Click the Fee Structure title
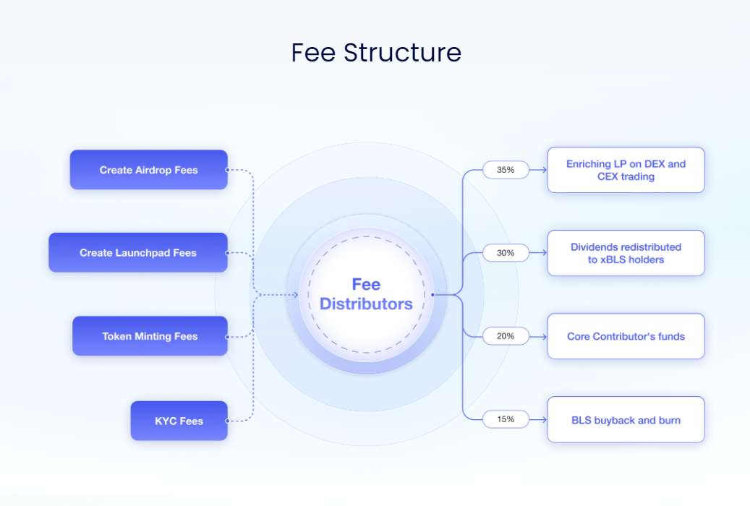click(x=376, y=53)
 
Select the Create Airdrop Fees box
click(x=149, y=170)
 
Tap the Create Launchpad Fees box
click(x=138, y=253)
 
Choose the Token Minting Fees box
click(x=150, y=336)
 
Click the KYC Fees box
click(x=179, y=421)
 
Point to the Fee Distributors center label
click(x=366, y=294)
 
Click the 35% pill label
click(x=506, y=170)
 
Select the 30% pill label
click(x=506, y=253)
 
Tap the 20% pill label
click(x=506, y=336)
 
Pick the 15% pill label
click(x=506, y=419)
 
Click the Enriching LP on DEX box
click(x=626, y=170)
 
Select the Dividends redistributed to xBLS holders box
click(x=626, y=253)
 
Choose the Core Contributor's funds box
click(x=626, y=336)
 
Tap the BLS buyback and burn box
click(x=626, y=419)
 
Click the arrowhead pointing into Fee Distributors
click(x=294, y=295)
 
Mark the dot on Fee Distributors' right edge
click(x=432, y=295)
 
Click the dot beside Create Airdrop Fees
click(x=228, y=170)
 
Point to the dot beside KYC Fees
click(x=228, y=421)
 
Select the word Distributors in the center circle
click(x=366, y=304)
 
